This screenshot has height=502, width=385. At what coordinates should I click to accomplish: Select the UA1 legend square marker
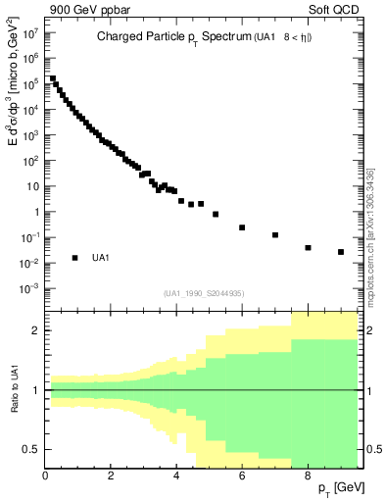coord(74,258)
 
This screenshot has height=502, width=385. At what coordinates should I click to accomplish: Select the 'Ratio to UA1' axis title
coord(17,403)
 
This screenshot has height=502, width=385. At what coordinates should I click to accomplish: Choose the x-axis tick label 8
coord(308,476)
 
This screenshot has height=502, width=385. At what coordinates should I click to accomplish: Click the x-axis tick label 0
coord(46,476)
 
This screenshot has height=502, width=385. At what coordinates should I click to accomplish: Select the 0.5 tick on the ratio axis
coord(31,449)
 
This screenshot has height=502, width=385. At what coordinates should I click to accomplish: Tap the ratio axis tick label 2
coord(35,330)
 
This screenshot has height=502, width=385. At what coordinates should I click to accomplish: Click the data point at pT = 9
coord(341,252)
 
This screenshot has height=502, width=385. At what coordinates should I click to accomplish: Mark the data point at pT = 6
coord(242,227)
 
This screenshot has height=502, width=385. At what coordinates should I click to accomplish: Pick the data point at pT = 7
coord(275,235)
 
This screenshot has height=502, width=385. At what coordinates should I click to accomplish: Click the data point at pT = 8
coord(308,248)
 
